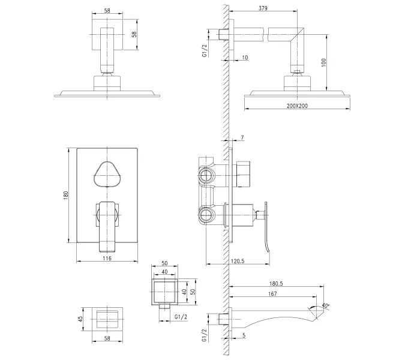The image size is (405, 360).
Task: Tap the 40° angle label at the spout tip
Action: pos(327,305)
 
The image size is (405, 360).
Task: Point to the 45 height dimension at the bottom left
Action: pos(79,319)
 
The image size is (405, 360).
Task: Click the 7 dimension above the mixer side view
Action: pos(242,139)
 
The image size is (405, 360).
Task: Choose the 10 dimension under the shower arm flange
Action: pos(245,57)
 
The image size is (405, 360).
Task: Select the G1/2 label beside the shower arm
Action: pos(205,50)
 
